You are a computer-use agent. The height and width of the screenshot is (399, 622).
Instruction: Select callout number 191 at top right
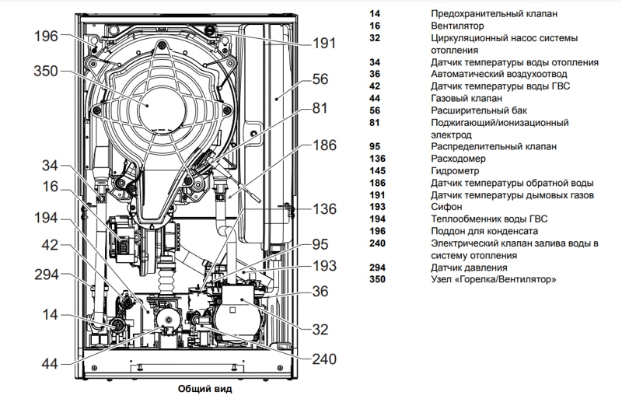[x=324, y=43]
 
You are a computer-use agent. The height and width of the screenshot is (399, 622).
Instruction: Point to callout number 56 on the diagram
[x=320, y=79]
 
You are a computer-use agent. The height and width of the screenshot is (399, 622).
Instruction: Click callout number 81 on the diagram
[x=320, y=110]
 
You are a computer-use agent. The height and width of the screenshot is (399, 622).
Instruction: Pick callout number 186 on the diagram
[x=324, y=145]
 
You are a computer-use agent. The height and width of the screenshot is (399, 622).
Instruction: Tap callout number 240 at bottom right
[x=324, y=359]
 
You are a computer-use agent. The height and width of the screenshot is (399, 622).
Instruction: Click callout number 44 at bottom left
[x=48, y=363]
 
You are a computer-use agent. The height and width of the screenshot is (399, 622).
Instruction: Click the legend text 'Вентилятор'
[x=459, y=26]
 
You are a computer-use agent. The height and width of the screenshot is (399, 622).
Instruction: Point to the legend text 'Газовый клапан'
[x=466, y=99]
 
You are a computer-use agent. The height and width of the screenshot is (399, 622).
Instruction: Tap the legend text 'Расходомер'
[x=457, y=159]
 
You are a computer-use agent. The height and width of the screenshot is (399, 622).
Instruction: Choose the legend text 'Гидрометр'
[x=456, y=170]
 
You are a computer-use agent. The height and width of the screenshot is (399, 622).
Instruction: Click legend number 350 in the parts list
[x=378, y=279]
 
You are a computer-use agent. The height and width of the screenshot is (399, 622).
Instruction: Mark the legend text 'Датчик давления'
[x=469, y=268]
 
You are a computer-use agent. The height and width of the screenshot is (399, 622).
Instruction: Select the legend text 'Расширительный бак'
[x=477, y=110]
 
